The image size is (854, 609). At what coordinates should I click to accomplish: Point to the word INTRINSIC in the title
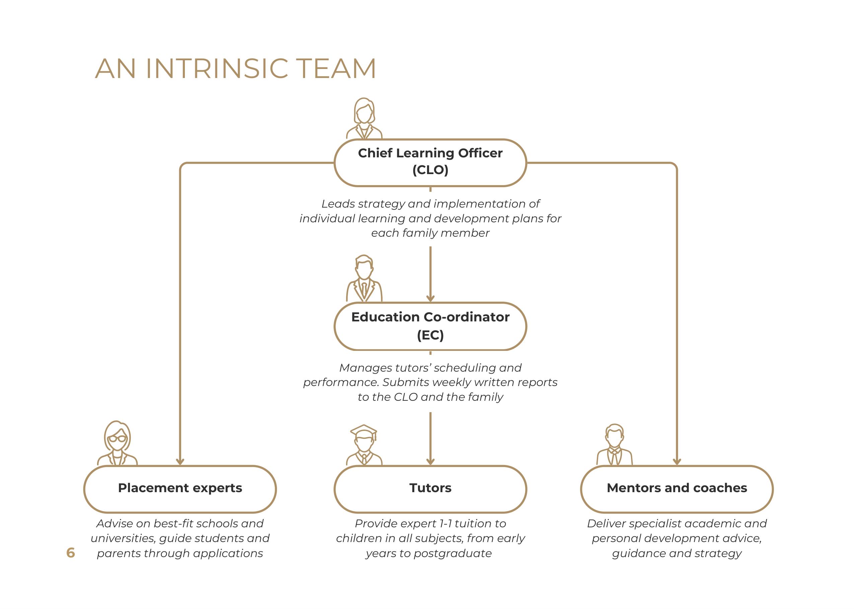tap(217, 69)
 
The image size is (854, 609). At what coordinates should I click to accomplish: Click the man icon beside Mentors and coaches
tap(614, 445)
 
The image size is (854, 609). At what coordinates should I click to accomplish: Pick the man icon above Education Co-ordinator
tap(364, 279)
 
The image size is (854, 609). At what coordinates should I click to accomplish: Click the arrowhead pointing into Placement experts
tap(180, 461)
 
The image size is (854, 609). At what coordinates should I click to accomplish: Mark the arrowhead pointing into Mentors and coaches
tap(677, 461)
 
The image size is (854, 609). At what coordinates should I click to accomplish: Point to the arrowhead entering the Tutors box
tap(430, 461)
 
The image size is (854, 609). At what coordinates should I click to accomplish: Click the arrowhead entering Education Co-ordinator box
tap(430, 298)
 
